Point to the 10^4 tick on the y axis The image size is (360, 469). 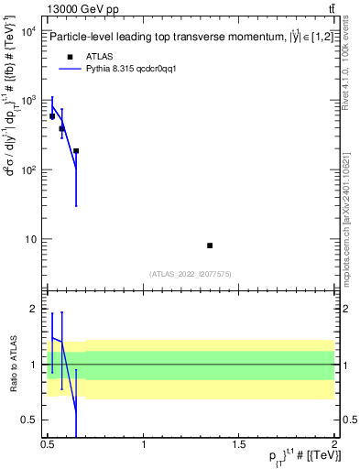[29, 31]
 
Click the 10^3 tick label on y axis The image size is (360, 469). [29, 101]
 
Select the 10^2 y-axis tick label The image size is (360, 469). [29, 170]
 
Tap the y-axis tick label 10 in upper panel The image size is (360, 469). [31, 240]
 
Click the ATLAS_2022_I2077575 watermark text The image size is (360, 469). [191, 273]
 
